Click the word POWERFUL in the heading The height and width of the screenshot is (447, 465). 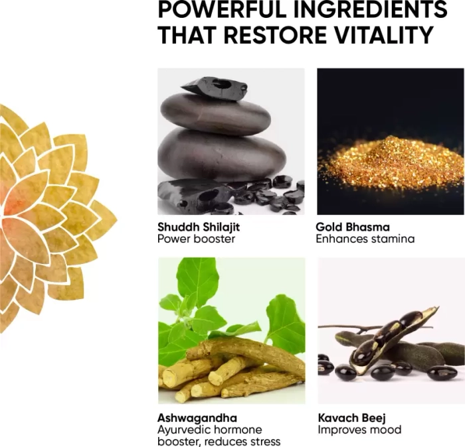click(222, 9)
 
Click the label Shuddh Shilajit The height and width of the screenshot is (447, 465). click(199, 227)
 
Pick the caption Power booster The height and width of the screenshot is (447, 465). click(196, 239)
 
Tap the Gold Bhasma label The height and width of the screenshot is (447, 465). click(353, 227)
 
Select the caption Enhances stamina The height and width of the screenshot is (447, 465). click(365, 239)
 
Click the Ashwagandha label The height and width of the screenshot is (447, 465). click(197, 418)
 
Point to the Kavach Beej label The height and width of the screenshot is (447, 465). click(351, 418)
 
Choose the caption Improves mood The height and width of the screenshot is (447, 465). click(359, 430)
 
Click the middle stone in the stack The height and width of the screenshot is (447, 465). click(216, 114)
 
